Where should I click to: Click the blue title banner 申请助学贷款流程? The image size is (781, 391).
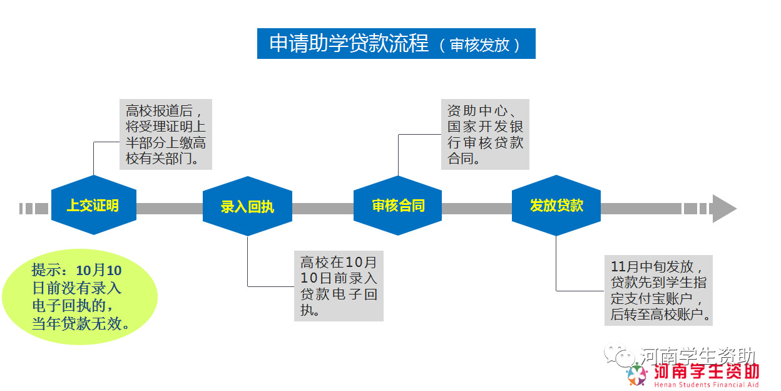coord(396,44)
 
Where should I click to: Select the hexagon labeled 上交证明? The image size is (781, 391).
coord(93,205)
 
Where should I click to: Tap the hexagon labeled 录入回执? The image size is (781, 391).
coord(247,206)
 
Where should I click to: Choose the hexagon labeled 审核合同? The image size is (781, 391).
coord(398,206)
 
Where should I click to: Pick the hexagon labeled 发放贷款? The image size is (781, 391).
coord(556,206)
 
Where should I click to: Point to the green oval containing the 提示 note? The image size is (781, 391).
coord(80,297)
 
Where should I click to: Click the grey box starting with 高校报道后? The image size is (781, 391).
coord(166,134)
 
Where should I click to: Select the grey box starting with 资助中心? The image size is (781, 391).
coord(485,134)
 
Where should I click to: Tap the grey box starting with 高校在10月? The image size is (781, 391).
coord(339,286)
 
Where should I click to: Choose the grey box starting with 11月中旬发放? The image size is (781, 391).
coord(658,291)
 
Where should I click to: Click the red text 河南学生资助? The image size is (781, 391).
coord(707,372)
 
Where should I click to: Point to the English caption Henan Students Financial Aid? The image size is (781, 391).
coord(707,385)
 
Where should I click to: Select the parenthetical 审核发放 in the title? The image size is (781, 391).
coord(480,45)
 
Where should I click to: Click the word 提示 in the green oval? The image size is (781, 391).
coord(46,270)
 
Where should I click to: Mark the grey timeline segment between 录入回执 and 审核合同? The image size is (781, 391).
coord(323,209)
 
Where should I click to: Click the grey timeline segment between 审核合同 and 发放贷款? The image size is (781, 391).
coord(477,209)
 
